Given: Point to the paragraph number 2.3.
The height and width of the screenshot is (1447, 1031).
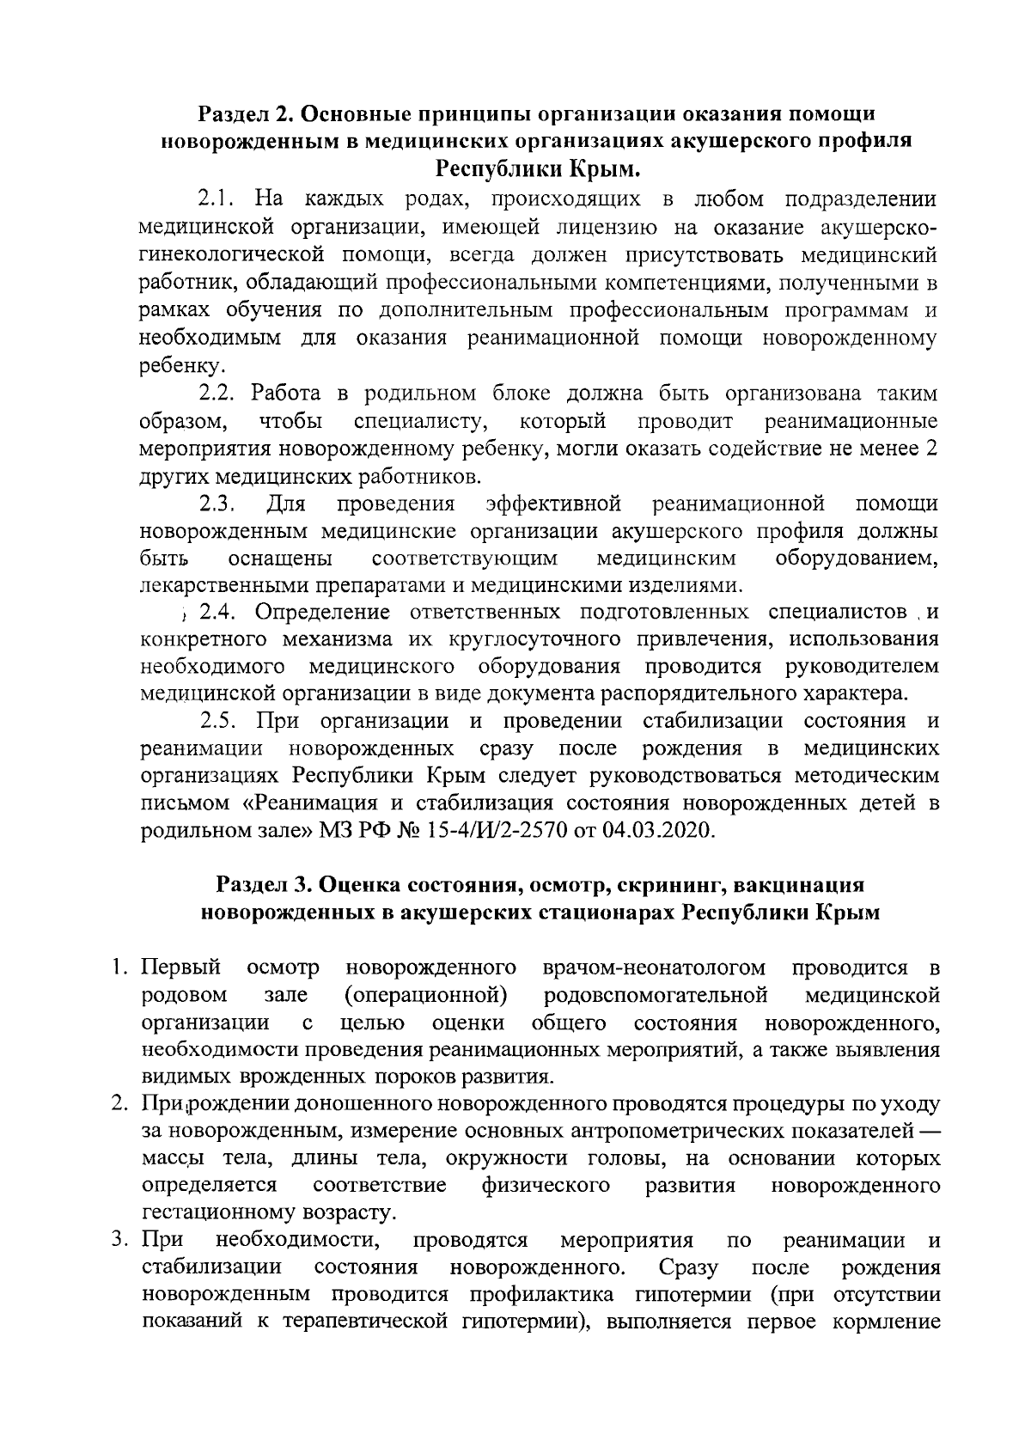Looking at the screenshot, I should [217, 504].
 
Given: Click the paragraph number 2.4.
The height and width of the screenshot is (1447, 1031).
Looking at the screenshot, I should [217, 613].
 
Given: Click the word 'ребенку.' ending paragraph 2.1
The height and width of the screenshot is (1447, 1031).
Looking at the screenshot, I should [170, 366].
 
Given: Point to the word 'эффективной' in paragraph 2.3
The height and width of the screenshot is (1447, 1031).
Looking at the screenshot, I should [553, 504].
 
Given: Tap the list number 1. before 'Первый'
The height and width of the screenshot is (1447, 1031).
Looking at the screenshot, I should [120, 968].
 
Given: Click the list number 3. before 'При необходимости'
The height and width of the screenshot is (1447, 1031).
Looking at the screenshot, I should [120, 1241].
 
